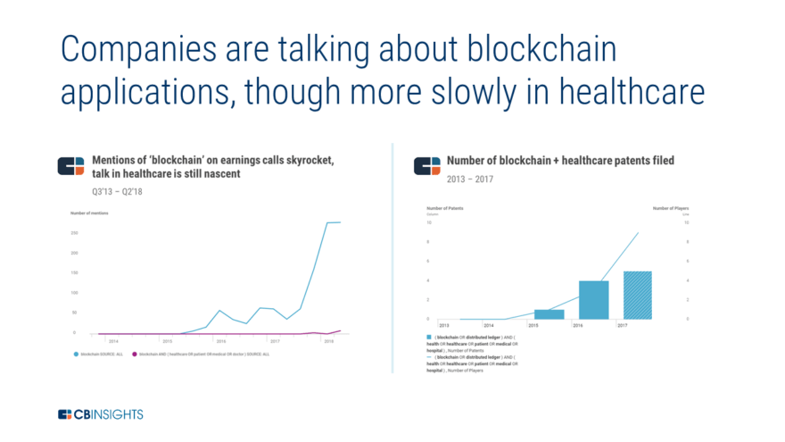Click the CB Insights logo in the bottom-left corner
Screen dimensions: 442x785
point(100,414)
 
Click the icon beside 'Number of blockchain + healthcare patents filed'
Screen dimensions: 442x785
point(427,166)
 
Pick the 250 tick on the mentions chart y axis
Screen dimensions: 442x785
point(74,232)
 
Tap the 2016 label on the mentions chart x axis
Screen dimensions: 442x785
point(221,340)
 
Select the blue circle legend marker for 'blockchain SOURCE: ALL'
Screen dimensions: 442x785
point(76,354)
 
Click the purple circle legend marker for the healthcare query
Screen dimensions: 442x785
point(135,354)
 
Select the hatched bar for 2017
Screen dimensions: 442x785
point(637,295)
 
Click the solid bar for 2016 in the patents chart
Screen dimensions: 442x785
point(593,299)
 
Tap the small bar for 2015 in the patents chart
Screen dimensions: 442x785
point(549,313)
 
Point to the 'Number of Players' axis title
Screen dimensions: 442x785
point(671,207)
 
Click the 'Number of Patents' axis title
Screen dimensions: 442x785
point(446,207)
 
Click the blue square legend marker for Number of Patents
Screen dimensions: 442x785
point(430,338)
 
